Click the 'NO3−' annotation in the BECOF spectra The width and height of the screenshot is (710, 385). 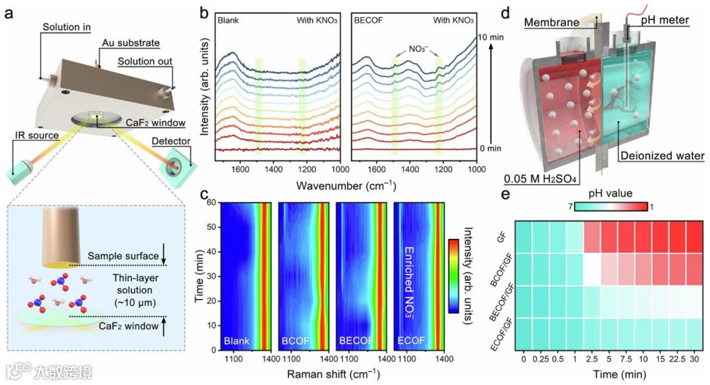[418, 48]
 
